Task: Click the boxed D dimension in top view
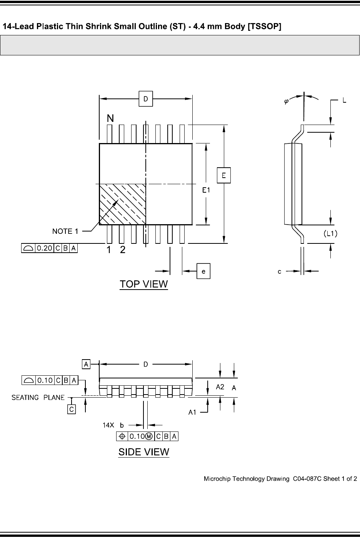point(146,99)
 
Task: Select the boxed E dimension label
point(223,176)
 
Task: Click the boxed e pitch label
point(203,271)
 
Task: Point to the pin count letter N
point(110,119)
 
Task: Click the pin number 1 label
point(109,250)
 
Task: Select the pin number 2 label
point(123,250)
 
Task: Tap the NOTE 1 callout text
point(65,231)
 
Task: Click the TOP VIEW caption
point(144,284)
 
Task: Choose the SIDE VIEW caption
point(144,452)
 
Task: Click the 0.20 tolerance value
point(44,248)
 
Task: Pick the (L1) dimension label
point(330,233)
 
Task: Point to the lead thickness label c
point(280,272)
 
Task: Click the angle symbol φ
point(286,102)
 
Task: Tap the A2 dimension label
point(220,387)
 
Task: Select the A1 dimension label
point(192,412)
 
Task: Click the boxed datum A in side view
point(86,364)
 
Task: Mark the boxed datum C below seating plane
point(72,409)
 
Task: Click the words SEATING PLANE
point(38,398)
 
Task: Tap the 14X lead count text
point(108,425)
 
